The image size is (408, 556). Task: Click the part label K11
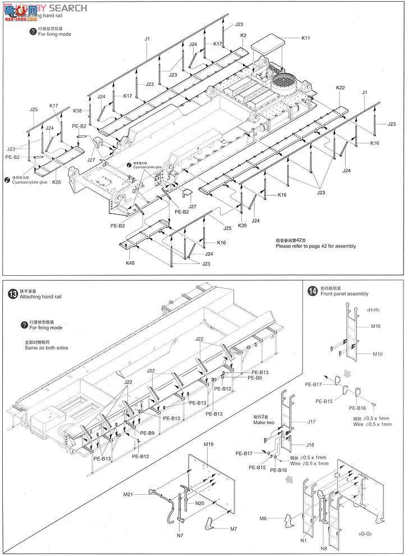click(x=306, y=38)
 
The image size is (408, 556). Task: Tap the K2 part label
click(x=244, y=35)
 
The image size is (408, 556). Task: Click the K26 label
click(x=57, y=182)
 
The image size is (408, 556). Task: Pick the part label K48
click(x=130, y=262)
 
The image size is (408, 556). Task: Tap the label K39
click(x=242, y=225)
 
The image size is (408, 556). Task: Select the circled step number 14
click(x=312, y=290)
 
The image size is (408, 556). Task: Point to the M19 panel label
click(x=209, y=444)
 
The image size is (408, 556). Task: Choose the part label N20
click(x=200, y=503)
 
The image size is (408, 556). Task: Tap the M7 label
click(x=233, y=529)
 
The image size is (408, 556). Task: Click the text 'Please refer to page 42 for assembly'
click(x=315, y=246)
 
